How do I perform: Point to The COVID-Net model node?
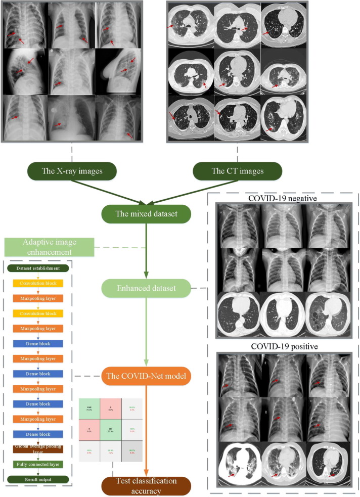click(147, 376)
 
